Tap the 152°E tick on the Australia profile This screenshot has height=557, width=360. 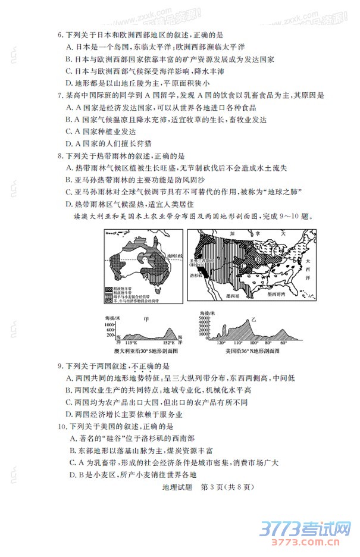pyautogui.click(x=168, y=343)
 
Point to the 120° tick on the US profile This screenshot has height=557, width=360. pyautogui.click(x=221, y=343)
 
